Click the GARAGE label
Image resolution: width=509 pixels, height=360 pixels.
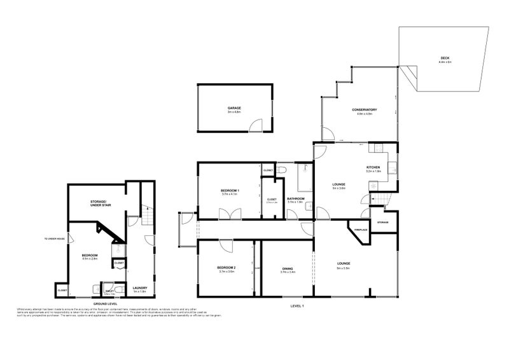tap(235, 108)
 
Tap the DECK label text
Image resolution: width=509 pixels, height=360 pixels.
tap(445, 59)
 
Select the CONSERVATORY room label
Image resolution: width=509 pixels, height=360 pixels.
tap(365, 110)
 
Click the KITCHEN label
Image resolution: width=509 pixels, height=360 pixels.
tap(373, 167)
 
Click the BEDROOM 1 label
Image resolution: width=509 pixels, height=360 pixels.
tap(230, 190)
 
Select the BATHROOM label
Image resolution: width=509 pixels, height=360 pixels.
tap(296, 198)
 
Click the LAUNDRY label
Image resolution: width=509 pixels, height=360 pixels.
tap(139, 287)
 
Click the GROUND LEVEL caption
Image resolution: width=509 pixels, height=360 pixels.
tap(104, 305)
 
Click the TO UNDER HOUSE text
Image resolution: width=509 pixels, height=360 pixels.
tap(54, 239)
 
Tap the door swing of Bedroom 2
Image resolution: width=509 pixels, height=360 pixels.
tap(225, 244)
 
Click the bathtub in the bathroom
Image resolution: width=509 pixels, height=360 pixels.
tap(303, 180)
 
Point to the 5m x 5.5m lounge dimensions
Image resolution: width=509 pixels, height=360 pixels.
tap(344, 267)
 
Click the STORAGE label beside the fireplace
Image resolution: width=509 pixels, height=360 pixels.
tap(382, 222)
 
